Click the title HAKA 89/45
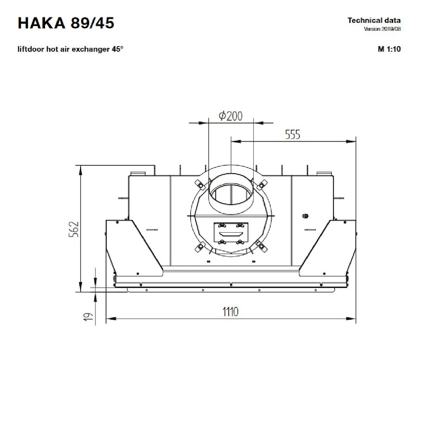[66, 23]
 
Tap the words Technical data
[374, 20]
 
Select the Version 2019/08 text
[382, 29]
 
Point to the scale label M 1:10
[389, 49]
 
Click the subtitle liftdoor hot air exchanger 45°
[70, 49]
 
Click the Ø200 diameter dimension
[230, 116]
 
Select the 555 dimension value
[292, 134]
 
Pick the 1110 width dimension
[230, 312]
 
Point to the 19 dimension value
[88, 317]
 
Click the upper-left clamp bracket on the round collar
[200, 184]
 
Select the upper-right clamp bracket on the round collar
[262, 184]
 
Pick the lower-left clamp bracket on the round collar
[200, 247]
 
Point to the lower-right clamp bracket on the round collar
[262, 246]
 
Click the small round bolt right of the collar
[305, 216]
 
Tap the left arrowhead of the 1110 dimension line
[111, 319]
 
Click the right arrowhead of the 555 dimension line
[351, 142]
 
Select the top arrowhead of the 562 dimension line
[81, 170]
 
